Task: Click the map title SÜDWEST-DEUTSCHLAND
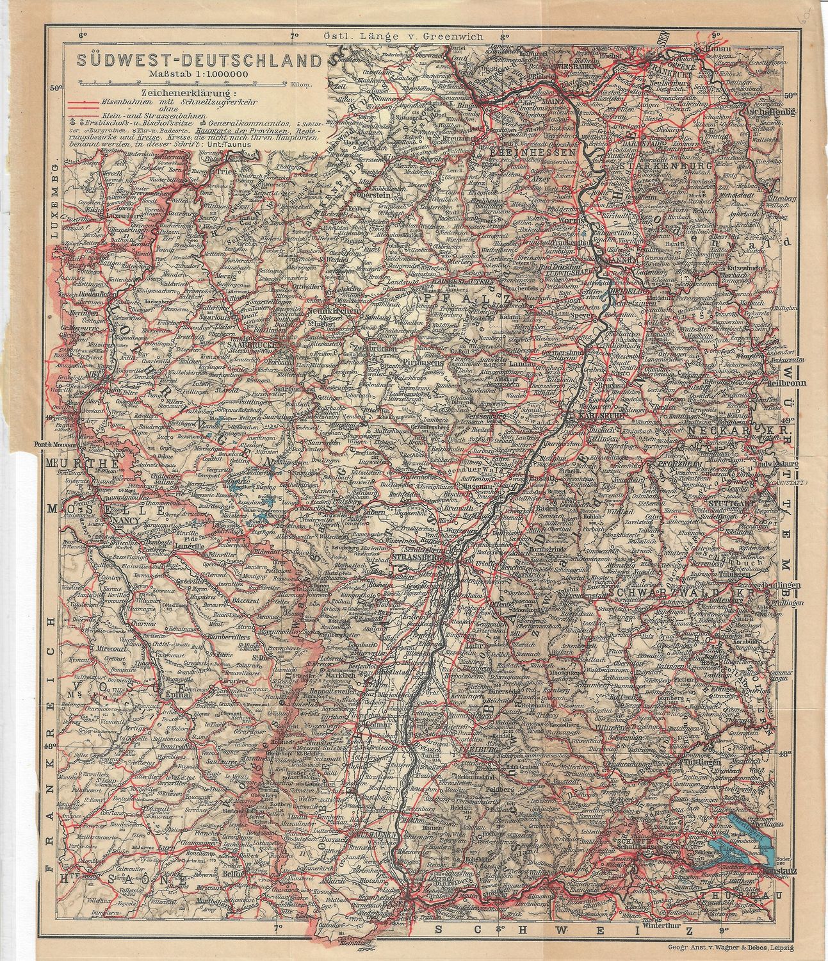(x=199, y=61)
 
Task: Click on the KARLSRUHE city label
(x=596, y=415)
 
